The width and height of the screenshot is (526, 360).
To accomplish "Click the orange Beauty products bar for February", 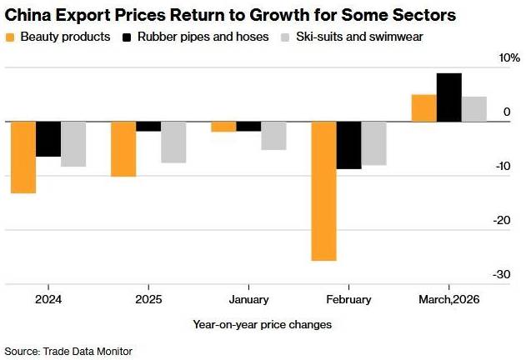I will [x=323, y=191].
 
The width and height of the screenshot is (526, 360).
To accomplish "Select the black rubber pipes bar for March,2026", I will [x=449, y=97].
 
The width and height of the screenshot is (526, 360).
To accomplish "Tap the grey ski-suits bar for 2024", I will [x=73, y=144].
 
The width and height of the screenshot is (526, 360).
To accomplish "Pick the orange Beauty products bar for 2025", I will [x=123, y=149].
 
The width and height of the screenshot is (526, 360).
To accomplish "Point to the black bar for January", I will [x=248, y=127].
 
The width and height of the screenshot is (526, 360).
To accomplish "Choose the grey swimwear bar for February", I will [x=373, y=143].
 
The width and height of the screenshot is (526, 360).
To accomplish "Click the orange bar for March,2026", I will [x=424, y=108].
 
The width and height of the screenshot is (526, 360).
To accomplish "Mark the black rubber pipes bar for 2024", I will [x=48, y=139].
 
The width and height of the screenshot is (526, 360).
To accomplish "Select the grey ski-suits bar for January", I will [x=273, y=136].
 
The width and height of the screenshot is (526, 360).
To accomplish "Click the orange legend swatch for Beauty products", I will [x=10, y=37].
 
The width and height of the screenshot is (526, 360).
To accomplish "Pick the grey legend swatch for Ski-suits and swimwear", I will [x=286, y=37].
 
